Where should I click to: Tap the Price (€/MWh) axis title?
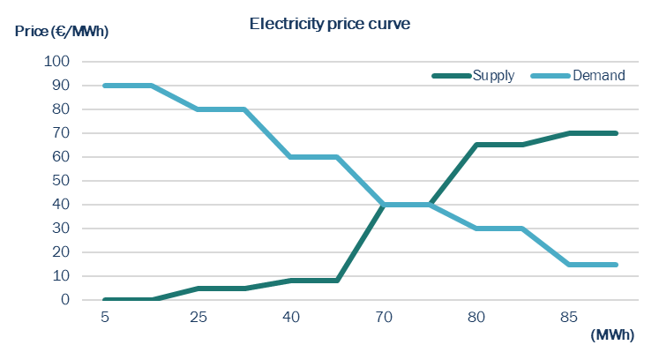[61, 32]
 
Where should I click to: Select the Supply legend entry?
[493, 76]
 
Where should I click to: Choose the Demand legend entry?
[598, 76]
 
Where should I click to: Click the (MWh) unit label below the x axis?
[611, 335]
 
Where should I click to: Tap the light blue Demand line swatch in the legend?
[549, 76]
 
